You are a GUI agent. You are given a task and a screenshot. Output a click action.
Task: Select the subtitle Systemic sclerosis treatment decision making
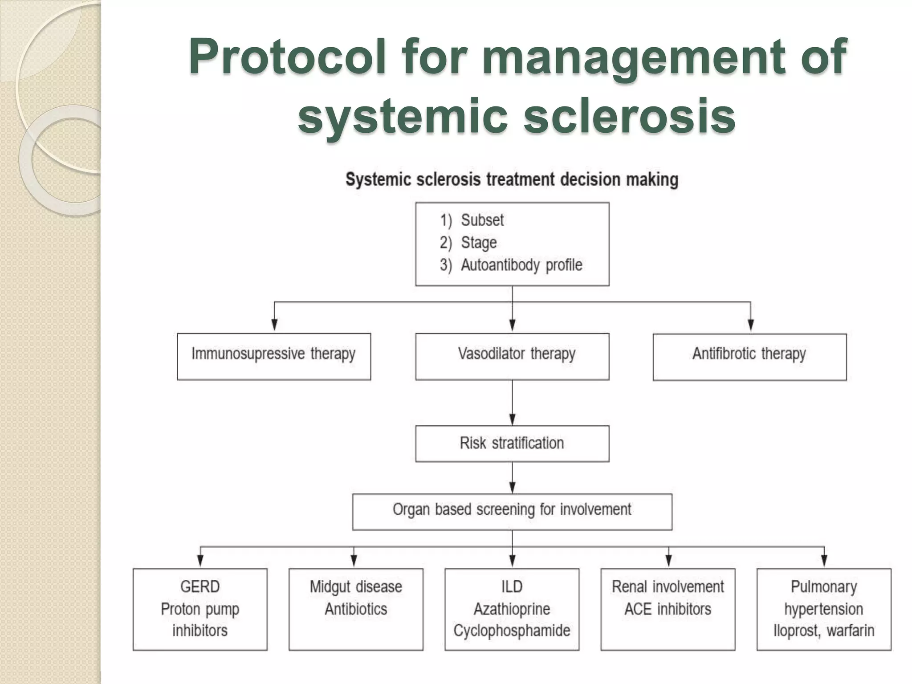pyautogui.click(x=512, y=180)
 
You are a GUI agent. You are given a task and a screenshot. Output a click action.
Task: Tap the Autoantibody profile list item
pyautogui.click(x=521, y=265)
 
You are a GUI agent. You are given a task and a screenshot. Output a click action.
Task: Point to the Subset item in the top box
pyautogui.click(x=482, y=220)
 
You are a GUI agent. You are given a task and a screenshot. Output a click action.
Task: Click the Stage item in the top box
pyautogui.click(x=478, y=243)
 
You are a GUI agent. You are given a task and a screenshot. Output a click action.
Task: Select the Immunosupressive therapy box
pyautogui.click(x=273, y=356)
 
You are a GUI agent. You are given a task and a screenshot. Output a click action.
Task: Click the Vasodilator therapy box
pyautogui.click(x=512, y=356)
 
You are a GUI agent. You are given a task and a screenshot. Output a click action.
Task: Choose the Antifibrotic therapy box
pyautogui.click(x=749, y=356)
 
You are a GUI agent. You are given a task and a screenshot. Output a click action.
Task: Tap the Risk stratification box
pyautogui.click(x=512, y=444)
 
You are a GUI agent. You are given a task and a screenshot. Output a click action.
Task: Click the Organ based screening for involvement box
pyautogui.click(x=512, y=511)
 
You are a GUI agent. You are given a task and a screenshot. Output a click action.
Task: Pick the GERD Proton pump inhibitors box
pyautogui.click(x=200, y=609)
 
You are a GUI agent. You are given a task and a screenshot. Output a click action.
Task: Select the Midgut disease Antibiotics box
pyautogui.click(x=356, y=609)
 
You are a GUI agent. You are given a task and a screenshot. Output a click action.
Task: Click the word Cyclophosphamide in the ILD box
pyautogui.click(x=512, y=631)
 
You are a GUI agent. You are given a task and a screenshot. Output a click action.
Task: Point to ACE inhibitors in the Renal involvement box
pyautogui.click(x=668, y=609)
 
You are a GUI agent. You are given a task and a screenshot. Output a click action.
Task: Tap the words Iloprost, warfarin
pyautogui.click(x=824, y=631)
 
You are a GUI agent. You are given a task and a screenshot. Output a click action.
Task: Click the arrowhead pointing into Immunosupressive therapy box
pyautogui.click(x=274, y=326)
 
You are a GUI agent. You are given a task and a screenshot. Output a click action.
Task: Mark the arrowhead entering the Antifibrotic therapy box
pyautogui.click(x=751, y=326)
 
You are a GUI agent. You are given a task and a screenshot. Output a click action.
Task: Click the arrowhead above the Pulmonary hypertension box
pyautogui.click(x=824, y=561)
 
